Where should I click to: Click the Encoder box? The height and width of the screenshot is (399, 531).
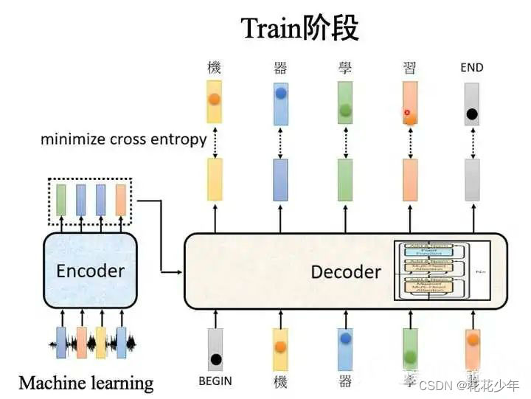pos(91,270)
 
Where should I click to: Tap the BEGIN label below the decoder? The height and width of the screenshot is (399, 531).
pos(215,381)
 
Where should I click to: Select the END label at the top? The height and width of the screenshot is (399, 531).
pos(471,67)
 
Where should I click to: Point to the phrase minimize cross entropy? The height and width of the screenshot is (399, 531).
pos(123,139)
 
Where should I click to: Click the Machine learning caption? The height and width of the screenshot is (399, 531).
pos(86,383)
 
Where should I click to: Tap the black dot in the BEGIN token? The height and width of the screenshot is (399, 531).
pos(215,360)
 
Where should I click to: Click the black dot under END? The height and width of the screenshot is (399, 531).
pos(472,114)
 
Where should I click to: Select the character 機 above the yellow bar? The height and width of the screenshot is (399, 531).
pos(214,68)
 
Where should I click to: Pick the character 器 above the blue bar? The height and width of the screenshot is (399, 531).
pos(280,68)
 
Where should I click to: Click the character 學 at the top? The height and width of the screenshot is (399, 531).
pos(344,68)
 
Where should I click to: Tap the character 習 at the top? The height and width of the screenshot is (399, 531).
pos(409,68)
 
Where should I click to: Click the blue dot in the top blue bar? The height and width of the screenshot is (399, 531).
pos(280,94)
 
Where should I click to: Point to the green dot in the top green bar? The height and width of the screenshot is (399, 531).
pos(344,111)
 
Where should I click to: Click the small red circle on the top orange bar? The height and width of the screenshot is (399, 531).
pos(406,112)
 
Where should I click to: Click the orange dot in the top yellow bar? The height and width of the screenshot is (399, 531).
pos(214,99)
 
